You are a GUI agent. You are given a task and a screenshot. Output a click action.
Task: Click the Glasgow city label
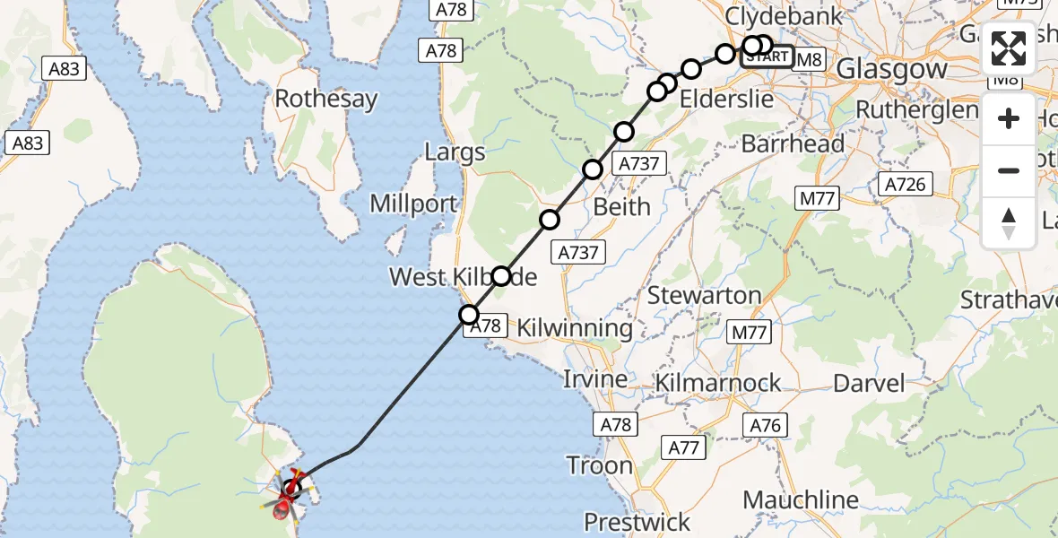pyautogui.click(x=891, y=69)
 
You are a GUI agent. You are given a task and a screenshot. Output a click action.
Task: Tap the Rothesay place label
pyautogui.click(x=326, y=99)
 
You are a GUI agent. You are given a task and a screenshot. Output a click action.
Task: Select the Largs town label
pyautogui.click(x=455, y=152)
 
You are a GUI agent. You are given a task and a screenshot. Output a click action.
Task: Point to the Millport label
pyautogui.click(x=413, y=204)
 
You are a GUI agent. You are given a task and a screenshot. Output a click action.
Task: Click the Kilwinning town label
pyautogui.click(x=574, y=328)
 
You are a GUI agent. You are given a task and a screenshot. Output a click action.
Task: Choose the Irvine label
pyautogui.click(x=594, y=379)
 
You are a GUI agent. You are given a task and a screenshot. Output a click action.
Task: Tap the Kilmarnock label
pyautogui.click(x=718, y=383)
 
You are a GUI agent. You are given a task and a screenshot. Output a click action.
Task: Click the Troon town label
pyautogui.click(x=599, y=465)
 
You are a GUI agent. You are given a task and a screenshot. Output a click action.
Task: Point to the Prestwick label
pyautogui.click(x=637, y=522)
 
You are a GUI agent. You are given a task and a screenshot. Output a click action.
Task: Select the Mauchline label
pyautogui.click(x=801, y=499)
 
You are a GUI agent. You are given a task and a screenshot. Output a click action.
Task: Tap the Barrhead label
pyautogui.click(x=793, y=143)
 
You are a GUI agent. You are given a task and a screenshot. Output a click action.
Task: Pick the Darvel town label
pyautogui.click(x=869, y=384)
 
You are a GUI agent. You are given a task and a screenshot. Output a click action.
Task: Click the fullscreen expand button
pyautogui.click(x=1009, y=48)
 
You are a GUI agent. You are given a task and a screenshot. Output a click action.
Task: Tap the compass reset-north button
pyautogui.click(x=1009, y=223)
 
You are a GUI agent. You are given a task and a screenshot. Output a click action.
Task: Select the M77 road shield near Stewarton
pyautogui.click(x=750, y=334)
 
